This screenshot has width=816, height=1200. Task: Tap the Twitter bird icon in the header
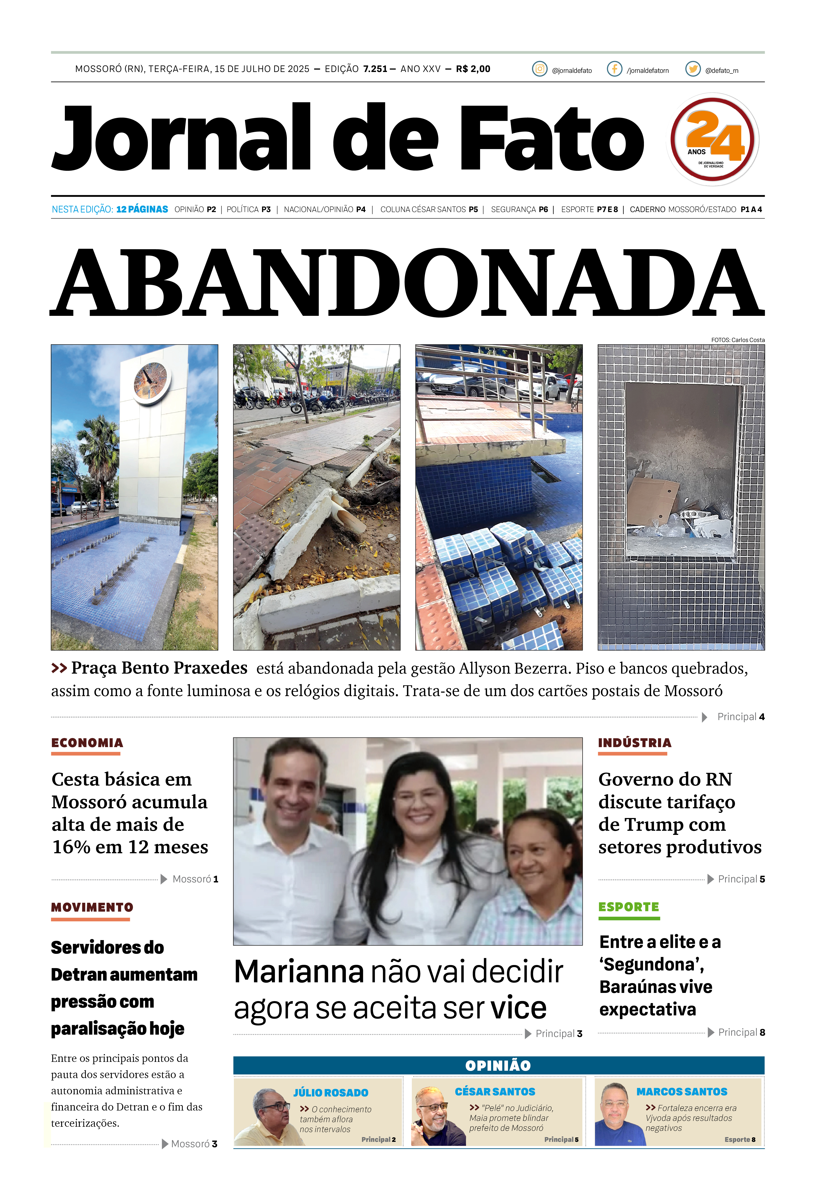coord(693,69)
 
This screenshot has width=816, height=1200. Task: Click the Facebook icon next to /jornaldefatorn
coord(614,69)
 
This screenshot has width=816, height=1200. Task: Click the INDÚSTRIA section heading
coord(635,743)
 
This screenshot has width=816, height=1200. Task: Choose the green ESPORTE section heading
coord(629,907)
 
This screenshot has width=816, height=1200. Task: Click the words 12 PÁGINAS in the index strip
coord(142,209)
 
